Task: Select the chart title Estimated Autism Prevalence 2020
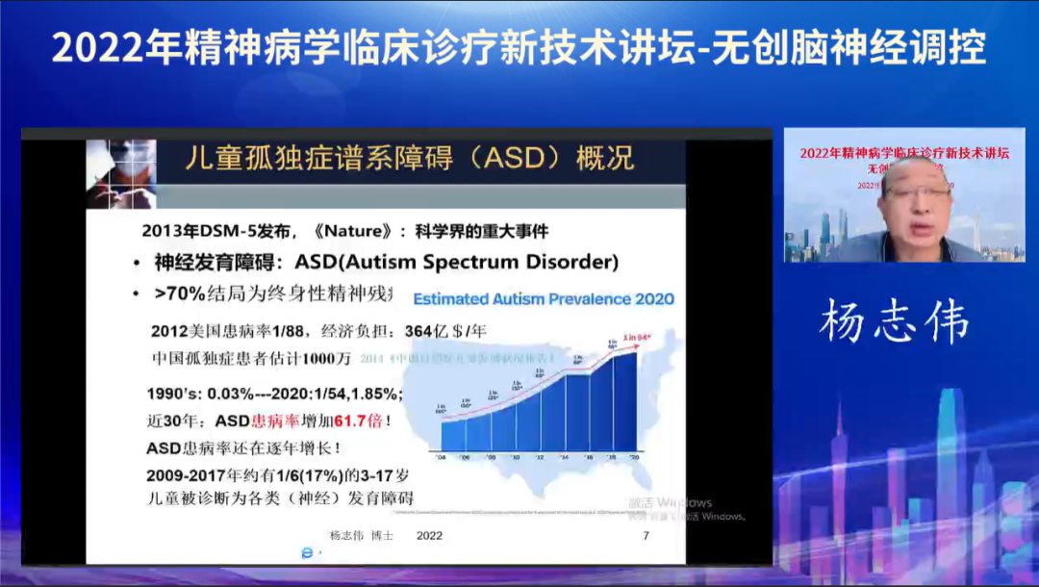(544, 299)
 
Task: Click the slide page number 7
(646, 535)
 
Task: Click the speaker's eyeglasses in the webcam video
(915, 192)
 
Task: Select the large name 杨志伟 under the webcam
(894, 322)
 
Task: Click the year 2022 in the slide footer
(429, 535)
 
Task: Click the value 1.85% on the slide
(374, 395)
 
